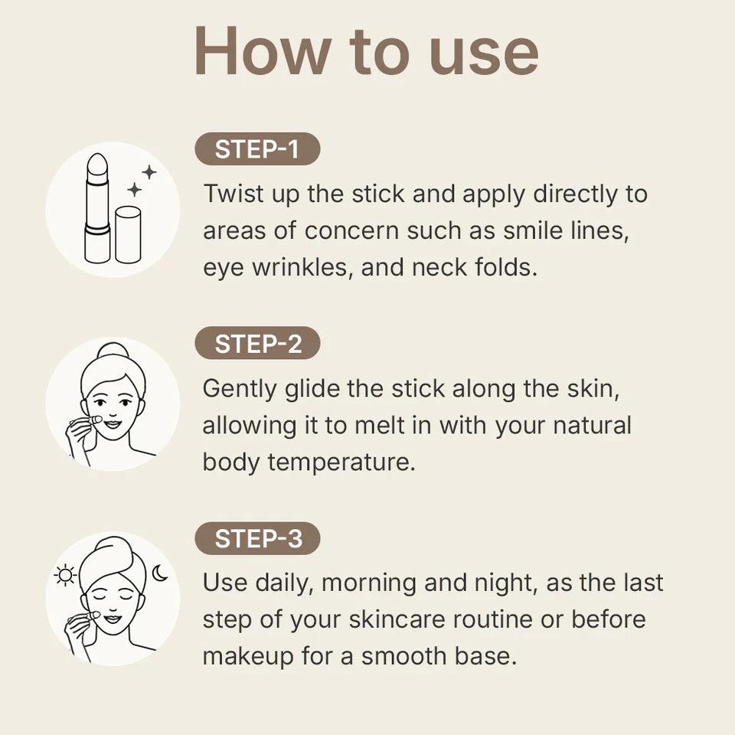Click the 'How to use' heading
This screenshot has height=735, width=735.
coord(367,52)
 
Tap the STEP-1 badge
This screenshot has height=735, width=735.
coord(257,149)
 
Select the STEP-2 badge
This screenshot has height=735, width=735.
coord(257,345)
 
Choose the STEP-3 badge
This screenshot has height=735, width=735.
coord(257,539)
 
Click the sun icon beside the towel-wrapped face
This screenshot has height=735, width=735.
coord(65,574)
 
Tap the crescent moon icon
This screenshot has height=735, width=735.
coord(159,572)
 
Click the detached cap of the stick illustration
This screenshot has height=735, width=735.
coord(128,234)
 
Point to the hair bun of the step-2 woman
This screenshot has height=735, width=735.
coord(112,351)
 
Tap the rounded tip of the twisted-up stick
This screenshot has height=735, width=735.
coord(97,163)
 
